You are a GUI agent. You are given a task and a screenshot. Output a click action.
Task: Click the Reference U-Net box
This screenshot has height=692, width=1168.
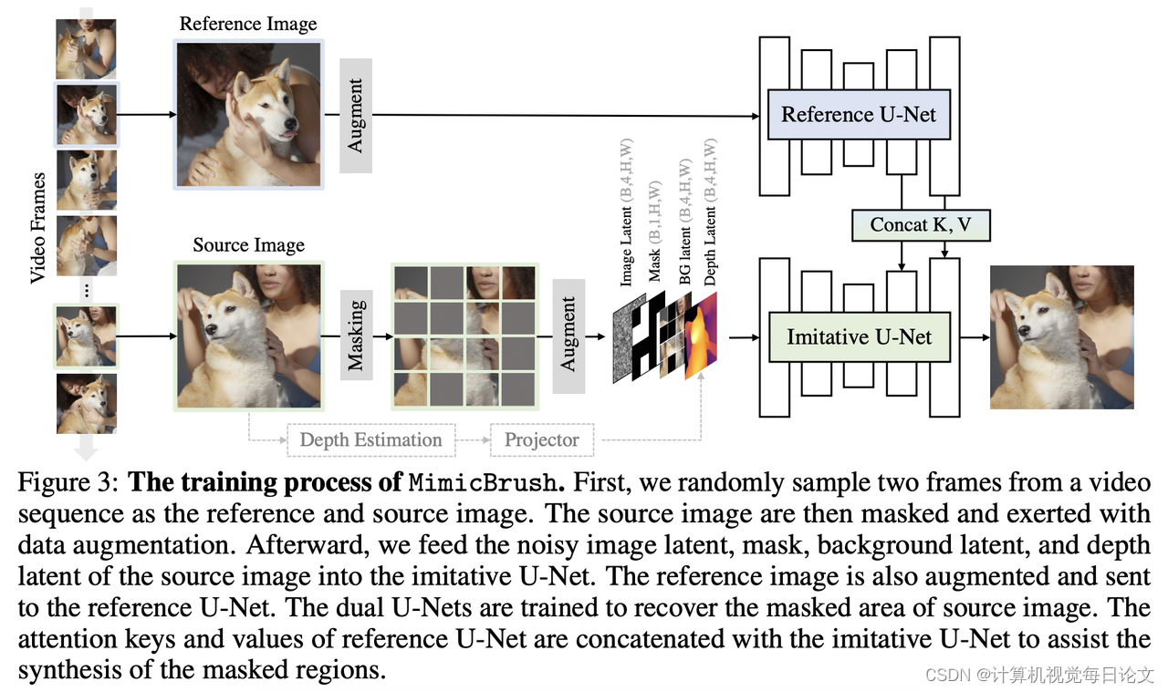[859, 115]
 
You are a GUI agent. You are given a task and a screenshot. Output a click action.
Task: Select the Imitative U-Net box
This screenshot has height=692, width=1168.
[859, 337]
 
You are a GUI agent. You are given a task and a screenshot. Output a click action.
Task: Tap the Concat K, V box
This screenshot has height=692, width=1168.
[921, 224]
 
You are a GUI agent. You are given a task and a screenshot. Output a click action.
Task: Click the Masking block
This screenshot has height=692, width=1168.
[355, 336]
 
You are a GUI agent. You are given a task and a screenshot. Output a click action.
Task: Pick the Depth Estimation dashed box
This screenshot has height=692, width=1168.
[370, 440]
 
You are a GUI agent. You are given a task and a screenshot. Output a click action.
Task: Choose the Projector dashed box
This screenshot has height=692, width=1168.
[542, 440]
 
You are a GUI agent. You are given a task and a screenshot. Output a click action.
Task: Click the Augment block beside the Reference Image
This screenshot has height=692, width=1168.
[355, 115]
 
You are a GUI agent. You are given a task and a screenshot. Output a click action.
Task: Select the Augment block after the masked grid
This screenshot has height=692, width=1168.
[568, 336]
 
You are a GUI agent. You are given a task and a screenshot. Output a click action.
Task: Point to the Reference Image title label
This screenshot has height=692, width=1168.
[248, 24]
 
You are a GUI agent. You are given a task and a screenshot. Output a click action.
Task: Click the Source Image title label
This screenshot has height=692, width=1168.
[248, 245]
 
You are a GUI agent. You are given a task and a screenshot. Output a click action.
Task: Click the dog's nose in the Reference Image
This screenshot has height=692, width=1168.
[289, 124]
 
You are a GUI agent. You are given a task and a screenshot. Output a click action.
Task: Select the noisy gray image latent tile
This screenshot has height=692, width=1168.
[629, 342]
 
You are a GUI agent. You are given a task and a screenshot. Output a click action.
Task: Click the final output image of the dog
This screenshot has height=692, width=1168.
[1061, 337]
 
